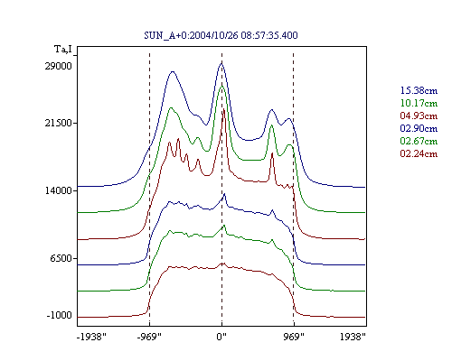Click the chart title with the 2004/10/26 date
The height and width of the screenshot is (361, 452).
coord(221,35)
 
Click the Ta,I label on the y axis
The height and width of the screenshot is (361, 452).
coord(63,49)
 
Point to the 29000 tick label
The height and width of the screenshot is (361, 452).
coord(59,66)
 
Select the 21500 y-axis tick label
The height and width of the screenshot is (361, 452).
coord(59,123)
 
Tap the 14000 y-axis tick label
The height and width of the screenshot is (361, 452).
coord(59,190)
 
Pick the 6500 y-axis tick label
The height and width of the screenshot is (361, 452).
coord(61,258)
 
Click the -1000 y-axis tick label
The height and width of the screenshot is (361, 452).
coord(60,315)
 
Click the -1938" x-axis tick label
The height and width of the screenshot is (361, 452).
coord(91,337)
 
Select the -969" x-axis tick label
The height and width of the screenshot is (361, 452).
coord(149,337)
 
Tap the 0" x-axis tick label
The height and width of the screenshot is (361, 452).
coord(221,337)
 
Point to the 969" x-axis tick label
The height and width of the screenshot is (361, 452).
coord(294,337)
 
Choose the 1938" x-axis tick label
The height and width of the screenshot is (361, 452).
coord(353,337)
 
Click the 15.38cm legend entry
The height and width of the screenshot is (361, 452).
coord(419,90)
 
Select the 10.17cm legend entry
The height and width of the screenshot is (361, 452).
coord(419,103)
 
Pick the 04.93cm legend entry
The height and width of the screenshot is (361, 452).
coord(419,116)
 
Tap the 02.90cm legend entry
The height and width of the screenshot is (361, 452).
coord(419,128)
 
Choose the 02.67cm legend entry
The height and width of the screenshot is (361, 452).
coord(419,141)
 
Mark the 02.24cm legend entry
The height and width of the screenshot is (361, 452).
coord(419,153)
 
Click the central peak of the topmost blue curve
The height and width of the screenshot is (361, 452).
coord(221,63)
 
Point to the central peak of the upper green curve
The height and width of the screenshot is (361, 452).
coord(222,86)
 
